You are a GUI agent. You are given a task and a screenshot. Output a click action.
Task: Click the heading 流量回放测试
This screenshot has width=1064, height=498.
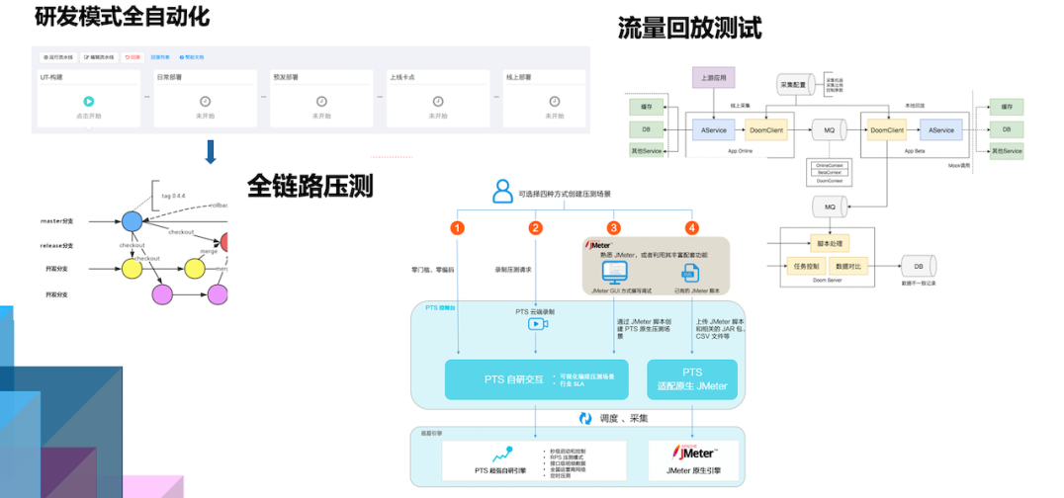(689, 28)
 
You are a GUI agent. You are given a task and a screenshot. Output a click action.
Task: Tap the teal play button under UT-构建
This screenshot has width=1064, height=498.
(88, 101)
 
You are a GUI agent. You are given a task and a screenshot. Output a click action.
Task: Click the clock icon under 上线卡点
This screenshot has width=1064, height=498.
(437, 101)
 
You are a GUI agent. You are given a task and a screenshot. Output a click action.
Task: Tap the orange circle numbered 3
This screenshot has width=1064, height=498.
(613, 227)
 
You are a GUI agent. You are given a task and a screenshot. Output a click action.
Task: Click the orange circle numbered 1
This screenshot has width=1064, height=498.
(457, 227)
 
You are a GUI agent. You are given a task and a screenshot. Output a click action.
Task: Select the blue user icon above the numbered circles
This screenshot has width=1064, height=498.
(503, 192)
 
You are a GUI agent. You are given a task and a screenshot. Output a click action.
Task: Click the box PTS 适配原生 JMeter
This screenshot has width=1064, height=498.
(692, 379)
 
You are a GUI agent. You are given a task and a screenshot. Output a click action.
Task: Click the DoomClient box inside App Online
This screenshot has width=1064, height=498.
(766, 129)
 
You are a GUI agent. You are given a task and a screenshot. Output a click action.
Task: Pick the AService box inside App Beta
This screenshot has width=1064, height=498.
(941, 129)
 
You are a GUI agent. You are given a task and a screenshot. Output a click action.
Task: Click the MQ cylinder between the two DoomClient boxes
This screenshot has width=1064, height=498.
(826, 129)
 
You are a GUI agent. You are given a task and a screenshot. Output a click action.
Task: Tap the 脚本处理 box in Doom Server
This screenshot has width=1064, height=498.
(828, 242)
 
